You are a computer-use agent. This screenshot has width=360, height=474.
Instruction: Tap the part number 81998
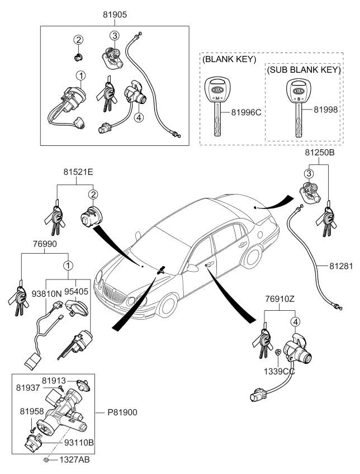click(x=326, y=110)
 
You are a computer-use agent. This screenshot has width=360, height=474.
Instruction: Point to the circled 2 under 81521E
click(x=93, y=195)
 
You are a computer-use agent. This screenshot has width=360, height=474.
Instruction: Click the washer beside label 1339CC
click(x=278, y=353)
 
